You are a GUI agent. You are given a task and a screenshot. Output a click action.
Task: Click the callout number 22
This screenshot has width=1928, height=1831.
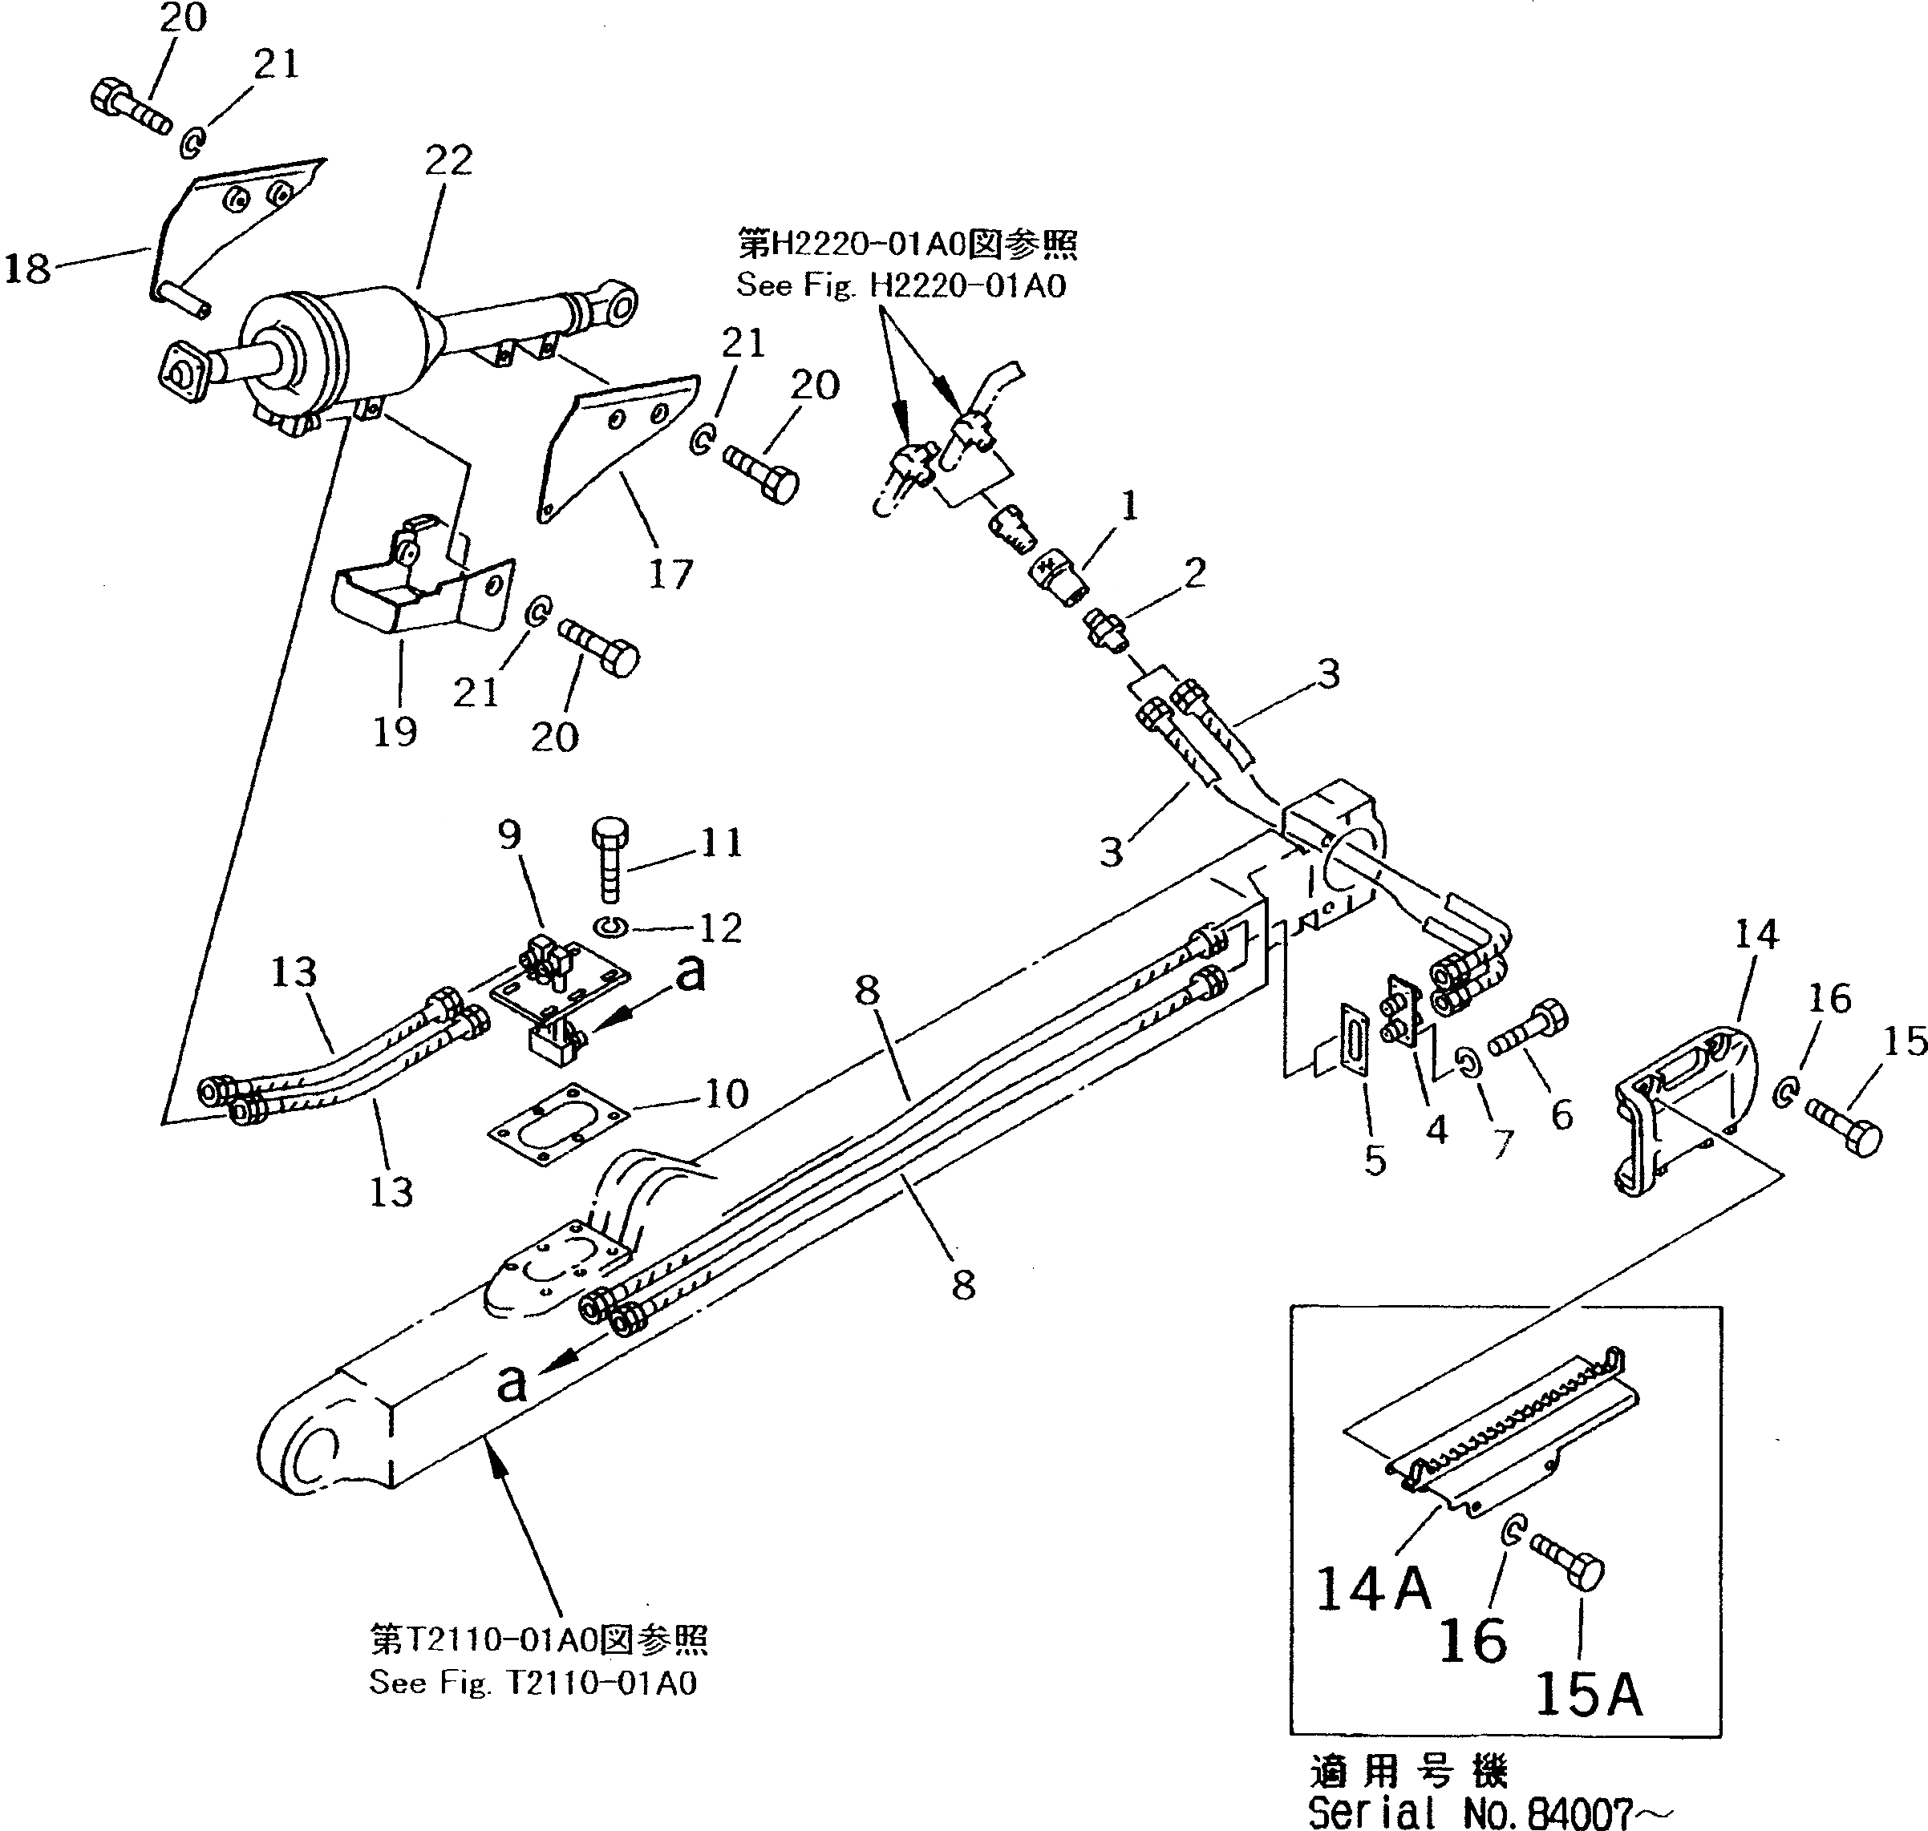point(448,161)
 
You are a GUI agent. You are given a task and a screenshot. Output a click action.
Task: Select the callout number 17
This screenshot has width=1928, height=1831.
point(670,574)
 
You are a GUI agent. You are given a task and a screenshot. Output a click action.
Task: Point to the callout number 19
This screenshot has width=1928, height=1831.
point(395,731)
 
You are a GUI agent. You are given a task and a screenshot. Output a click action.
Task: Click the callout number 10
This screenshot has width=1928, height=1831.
point(725,1093)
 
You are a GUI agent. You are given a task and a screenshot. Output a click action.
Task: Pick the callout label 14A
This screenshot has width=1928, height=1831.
point(1372,1588)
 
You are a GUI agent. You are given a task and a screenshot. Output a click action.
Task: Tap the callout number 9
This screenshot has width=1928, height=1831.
point(509,835)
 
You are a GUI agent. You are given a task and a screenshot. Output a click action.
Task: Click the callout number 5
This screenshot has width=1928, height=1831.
point(1375,1161)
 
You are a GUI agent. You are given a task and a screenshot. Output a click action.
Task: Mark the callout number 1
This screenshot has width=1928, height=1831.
point(1128,507)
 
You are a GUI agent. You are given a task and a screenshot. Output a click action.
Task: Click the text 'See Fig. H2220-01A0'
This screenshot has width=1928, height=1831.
point(900,286)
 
